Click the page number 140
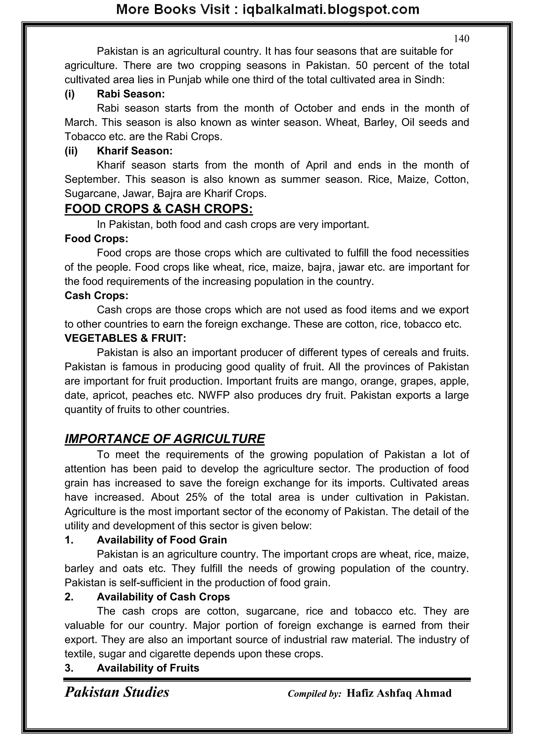461,39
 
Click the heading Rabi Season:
131,94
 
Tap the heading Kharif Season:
135,151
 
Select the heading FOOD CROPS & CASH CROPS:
159,209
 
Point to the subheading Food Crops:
96,238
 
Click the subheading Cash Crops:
96,296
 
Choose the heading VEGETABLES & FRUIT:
125,338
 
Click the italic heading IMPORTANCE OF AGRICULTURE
165,439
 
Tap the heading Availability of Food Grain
162,540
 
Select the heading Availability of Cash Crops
163,597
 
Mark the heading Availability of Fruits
148,668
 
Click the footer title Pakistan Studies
117,692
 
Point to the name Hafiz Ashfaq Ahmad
399,693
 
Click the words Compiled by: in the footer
314,694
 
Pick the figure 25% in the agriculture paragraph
196,497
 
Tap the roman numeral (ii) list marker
71,151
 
